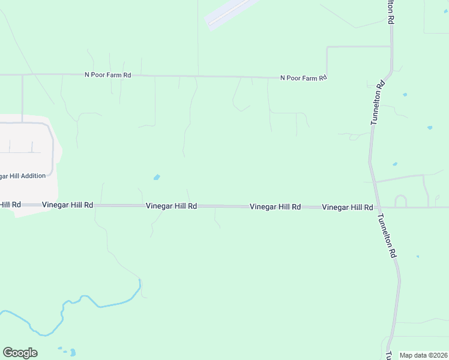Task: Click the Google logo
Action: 20,353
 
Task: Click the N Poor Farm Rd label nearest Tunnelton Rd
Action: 304,78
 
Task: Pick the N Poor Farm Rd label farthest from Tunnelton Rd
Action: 107,75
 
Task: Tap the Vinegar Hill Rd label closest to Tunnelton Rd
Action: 347,207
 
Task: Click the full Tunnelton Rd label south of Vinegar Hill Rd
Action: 387,236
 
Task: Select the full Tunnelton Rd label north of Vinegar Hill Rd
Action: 376,103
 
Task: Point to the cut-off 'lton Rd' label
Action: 391,11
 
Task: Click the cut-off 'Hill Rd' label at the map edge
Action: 10,205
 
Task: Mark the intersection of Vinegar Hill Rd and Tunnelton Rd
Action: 378,208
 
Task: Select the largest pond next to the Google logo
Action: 73,352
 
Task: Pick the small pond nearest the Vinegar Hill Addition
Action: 157,177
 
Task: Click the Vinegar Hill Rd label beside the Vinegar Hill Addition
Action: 67,205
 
